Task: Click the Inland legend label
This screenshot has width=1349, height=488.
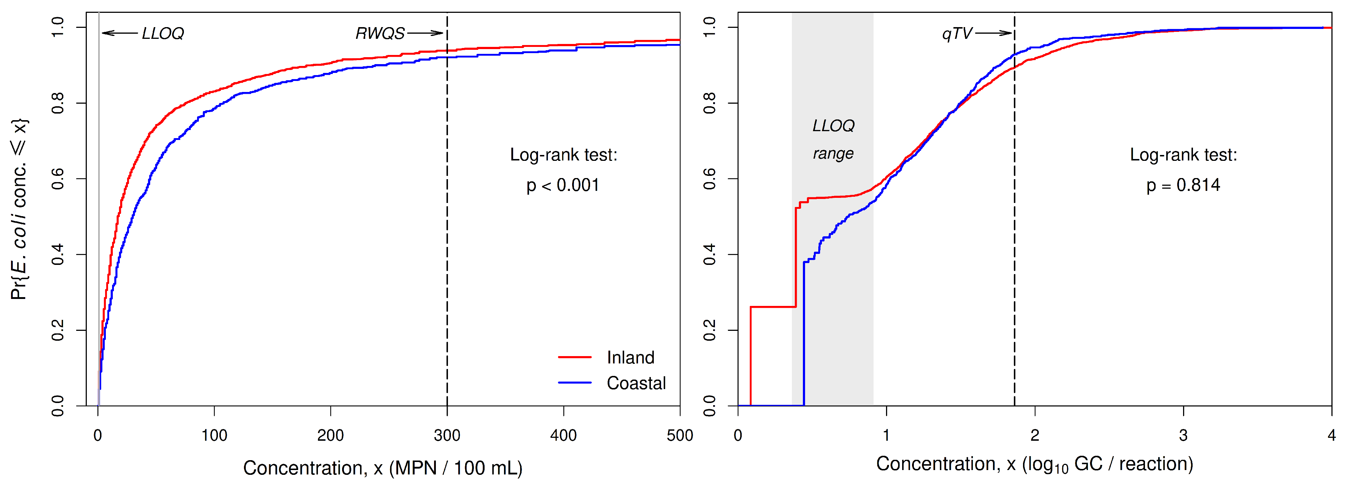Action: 630,357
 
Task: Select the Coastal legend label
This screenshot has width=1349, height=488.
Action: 636,383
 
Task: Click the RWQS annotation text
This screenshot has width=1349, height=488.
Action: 380,33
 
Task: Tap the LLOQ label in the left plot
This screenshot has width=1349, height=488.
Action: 163,33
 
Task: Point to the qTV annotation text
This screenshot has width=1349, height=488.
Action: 957,33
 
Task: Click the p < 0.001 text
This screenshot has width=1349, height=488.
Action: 563,185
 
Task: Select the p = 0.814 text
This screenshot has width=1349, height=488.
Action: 1183,185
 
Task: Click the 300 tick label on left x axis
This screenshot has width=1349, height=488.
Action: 447,435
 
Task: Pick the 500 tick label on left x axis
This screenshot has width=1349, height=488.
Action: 679,435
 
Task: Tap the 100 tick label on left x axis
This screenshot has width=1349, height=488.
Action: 214,435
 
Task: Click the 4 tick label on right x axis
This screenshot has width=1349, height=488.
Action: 1331,435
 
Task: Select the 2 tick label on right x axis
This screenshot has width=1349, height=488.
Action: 1035,435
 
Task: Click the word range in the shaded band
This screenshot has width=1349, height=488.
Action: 833,154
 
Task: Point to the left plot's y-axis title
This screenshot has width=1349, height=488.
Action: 19,210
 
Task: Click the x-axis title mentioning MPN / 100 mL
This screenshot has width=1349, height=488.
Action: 383,467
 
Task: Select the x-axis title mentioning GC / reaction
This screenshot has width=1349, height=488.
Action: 1034,464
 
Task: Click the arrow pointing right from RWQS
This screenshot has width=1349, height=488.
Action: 425,33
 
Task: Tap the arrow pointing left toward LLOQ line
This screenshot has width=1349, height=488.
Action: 119,33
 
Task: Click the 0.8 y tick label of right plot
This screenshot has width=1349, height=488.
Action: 709,103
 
